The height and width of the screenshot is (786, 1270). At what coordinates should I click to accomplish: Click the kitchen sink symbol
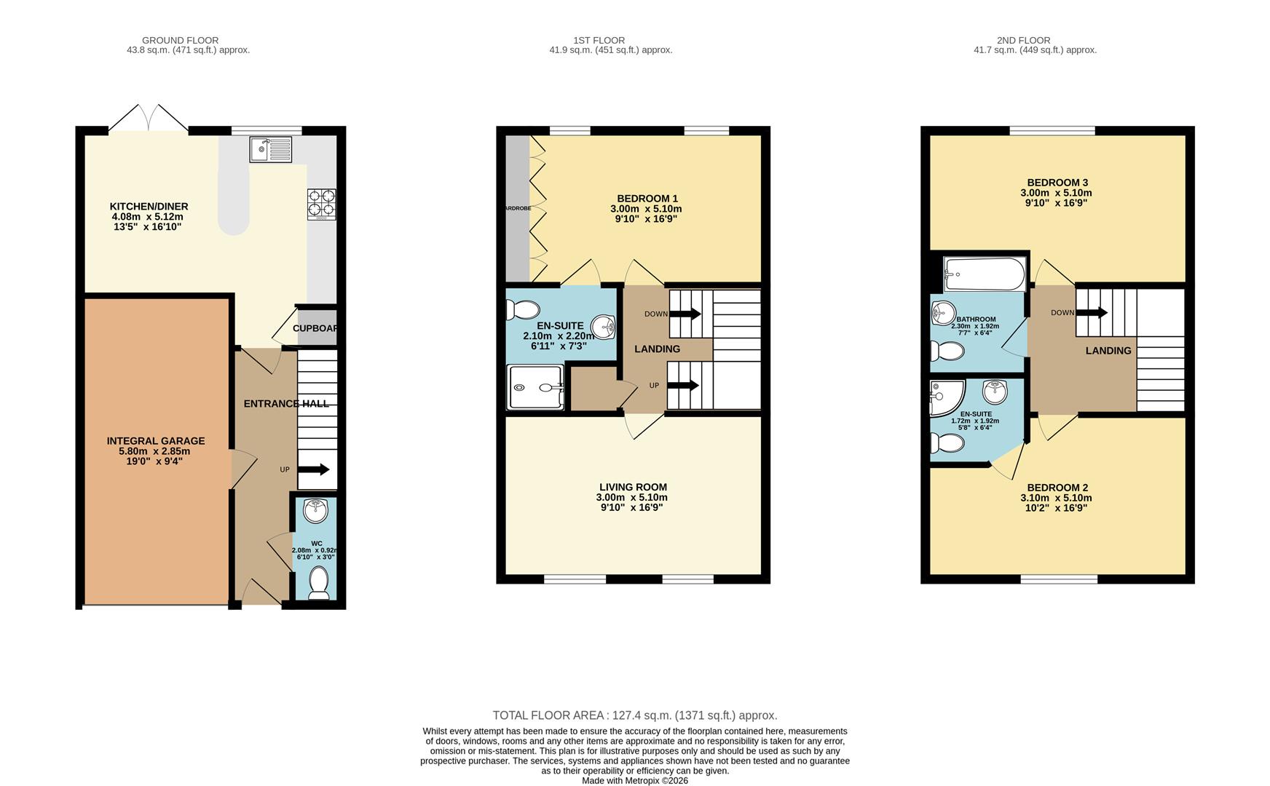click(x=270, y=149)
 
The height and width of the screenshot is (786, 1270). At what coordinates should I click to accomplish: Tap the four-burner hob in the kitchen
click(x=321, y=204)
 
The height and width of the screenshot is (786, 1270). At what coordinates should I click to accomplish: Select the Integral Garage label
click(x=156, y=440)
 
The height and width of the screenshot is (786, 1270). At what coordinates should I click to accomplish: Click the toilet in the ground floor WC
click(x=319, y=583)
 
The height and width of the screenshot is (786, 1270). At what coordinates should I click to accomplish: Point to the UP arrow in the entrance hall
click(x=314, y=469)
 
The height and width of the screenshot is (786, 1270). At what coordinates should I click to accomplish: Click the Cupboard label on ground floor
click(x=315, y=328)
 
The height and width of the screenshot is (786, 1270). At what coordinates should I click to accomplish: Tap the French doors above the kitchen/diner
click(x=149, y=119)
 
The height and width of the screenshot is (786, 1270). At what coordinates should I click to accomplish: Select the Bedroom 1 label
click(x=647, y=198)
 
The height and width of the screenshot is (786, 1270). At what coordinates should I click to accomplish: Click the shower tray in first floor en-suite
click(x=535, y=387)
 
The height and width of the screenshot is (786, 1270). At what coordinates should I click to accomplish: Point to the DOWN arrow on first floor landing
click(x=685, y=314)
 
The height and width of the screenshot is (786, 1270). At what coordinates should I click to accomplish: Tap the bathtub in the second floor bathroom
click(x=985, y=274)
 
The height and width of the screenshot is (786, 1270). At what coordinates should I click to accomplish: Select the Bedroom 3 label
click(x=1057, y=182)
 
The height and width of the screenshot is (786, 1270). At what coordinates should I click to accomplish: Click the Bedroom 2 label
click(x=1057, y=487)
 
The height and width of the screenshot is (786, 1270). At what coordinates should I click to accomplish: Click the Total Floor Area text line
click(x=634, y=715)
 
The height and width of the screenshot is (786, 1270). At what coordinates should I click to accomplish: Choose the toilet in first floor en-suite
click(x=524, y=310)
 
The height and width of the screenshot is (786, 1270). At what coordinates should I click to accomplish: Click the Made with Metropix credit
click(x=634, y=780)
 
